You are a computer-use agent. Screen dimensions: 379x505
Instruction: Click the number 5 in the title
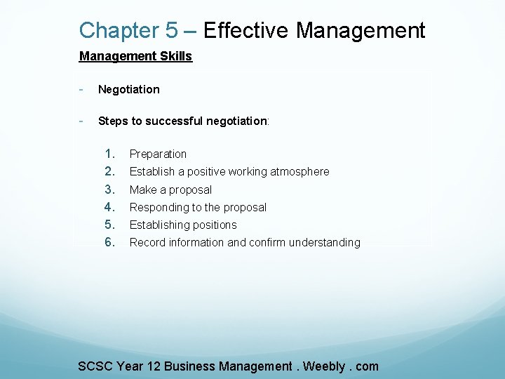tap(172, 31)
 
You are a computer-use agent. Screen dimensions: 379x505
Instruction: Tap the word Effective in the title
tap(246, 31)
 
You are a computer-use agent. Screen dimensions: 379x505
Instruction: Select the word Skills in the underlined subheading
tap(177, 56)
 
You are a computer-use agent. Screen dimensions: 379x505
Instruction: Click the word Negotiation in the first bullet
tap(129, 89)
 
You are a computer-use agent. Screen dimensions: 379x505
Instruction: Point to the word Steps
tap(113, 121)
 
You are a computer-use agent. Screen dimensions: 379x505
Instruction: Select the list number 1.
tap(109, 154)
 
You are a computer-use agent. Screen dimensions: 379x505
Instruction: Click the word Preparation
tap(158, 154)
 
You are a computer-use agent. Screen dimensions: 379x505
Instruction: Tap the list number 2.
tap(109, 171)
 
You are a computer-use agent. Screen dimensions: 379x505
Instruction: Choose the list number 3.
tap(109, 189)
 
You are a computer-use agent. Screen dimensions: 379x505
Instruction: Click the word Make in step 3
tap(143, 189)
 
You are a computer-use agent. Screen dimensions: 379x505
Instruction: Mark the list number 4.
tap(109, 207)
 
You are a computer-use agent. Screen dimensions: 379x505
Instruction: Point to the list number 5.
tap(109, 225)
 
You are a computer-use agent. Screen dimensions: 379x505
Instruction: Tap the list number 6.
tap(109, 242)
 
